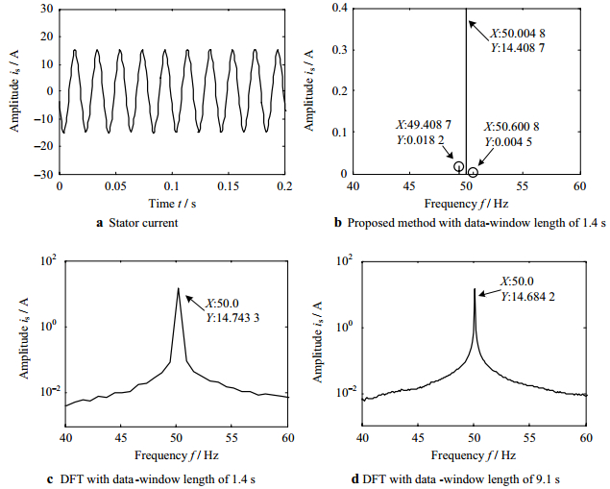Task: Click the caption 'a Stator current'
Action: [171, 223]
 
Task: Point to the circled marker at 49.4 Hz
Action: [459, 167]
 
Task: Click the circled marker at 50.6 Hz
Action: [473, 172]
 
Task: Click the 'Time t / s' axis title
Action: [172, 204]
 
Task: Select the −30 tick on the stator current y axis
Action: [42, 175]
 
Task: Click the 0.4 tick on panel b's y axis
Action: [340, 8]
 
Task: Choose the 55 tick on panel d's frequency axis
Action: [530, 438]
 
